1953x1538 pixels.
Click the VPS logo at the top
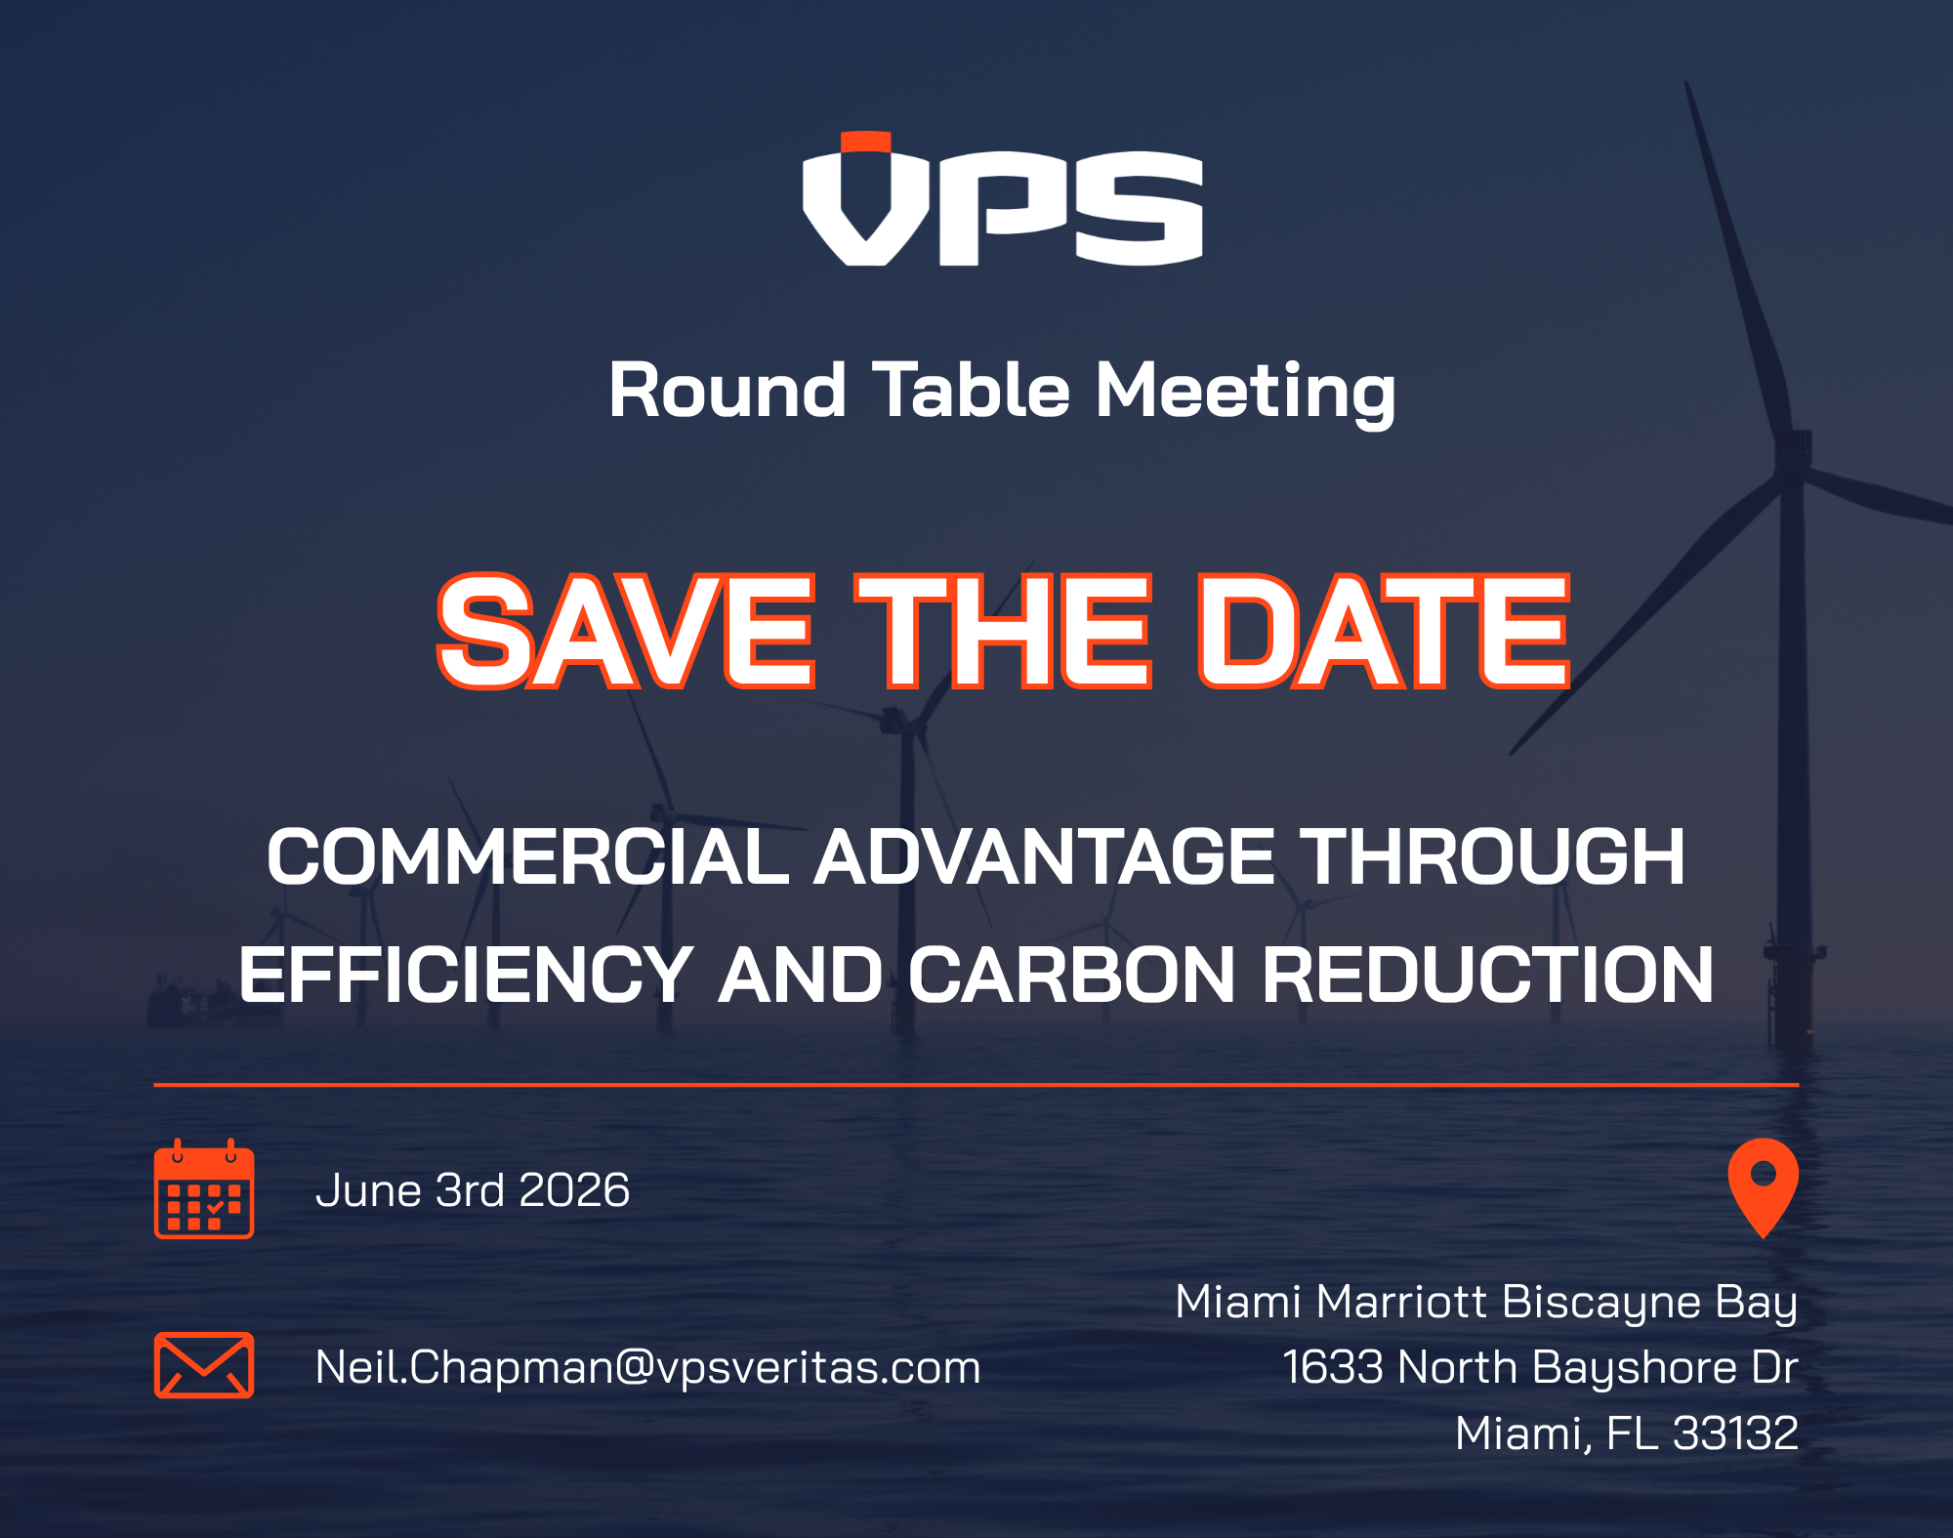coord(1003,199)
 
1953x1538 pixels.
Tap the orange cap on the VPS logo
coord(866,142)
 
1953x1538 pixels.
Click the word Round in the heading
coord(727,391)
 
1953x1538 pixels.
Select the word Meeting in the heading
coord(1246,393)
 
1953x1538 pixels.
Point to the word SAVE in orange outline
coord(626,631)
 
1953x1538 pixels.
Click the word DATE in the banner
coord(1384,631)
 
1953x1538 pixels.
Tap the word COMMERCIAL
coord(528,856)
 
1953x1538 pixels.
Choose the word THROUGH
coord(1496,856)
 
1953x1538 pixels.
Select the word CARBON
coord(1072,975)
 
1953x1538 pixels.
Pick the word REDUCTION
coord(1488,975)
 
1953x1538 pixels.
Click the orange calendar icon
coord(204,1188)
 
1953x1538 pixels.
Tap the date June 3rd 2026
coord(473,1190)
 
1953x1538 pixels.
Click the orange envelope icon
coord(204,1365)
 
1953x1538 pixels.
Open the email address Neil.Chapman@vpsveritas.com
coord(647,1367)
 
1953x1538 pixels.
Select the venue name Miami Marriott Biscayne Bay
coord(1486,1304)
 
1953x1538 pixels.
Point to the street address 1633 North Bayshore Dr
coord(1540,1367)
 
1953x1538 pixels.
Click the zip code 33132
coord(1735,1434)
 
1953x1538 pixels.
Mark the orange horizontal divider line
coord(976,1085)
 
